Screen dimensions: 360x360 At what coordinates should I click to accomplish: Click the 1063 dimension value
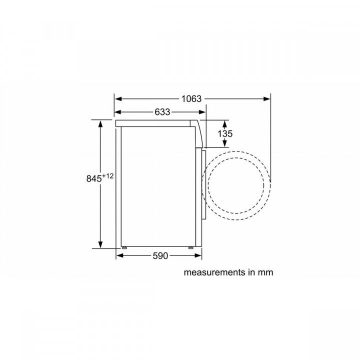point(191,99)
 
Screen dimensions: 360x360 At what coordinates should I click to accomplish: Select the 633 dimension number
point(162,112)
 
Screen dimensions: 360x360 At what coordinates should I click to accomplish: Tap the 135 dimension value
point(225,134)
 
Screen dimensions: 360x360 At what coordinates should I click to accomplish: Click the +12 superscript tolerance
point(108,175)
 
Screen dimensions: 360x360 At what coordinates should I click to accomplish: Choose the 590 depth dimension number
point(159,255)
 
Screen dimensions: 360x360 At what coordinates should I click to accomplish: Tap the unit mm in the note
point(265,272)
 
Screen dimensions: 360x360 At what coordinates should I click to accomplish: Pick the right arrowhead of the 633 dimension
point(201,112)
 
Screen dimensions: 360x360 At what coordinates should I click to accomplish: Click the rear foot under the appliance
point(123,247)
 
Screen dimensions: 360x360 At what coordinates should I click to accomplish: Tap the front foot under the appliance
point(191,247)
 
